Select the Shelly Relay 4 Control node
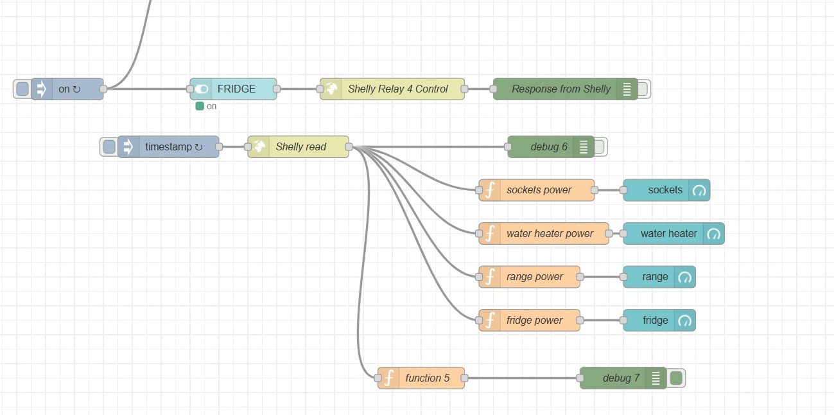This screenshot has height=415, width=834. pyautogui.click(x=397, y=89)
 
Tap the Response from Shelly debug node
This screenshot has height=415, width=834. pyautogui.click(x=560, y=89)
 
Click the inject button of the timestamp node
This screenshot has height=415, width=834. pyautogui.click(x=109, y=146)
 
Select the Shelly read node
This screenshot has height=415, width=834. pyautogui.click(x=300, y=146)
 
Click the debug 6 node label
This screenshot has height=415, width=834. pyautogui.click(x=548, y=146)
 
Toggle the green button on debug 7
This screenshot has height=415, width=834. pyautogui.click(x=676, y=378)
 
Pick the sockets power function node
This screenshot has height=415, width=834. pyautogui.click(x=538, y=190)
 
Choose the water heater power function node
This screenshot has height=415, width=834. pyautogui.click(x=549, y=233)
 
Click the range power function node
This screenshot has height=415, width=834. pyautogui.click(x=534, y=277)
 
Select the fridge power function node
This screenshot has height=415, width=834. pyautogui.click(x=534, y=320)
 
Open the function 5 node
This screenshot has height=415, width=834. pyautogui.click(x=427, y=378)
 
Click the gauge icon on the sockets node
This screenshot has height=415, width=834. pyautogui.click(x=699, y=190)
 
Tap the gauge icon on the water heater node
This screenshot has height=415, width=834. pyautogui.click(x=713, y=234)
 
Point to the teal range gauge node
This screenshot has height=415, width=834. pyautogui.click(x=655, y=277)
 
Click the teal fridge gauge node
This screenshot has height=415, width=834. pyautogui.click(x=655, y=320)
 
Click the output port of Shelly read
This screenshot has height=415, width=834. pyautogui.click(x=349, y=147)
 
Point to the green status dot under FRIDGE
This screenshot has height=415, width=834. pyautogui.click(x=200, y=106)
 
